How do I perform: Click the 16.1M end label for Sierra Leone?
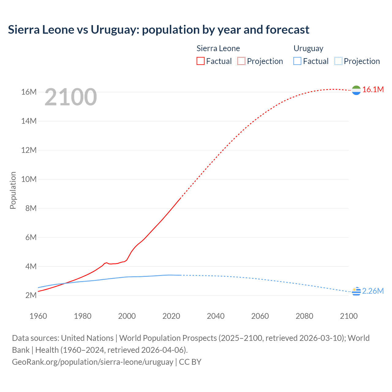click(373, 89)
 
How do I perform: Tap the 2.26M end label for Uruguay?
click(373, 291)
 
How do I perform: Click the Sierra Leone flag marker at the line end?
click(356, 90)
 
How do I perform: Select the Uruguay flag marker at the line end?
click(356, 292)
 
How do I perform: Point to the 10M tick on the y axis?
click(29, 179)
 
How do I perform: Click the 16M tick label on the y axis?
click(29, 92)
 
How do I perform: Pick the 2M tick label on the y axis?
click(31, 296)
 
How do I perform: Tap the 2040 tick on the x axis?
click(216, 316)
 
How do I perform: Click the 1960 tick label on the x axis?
click(38, 316)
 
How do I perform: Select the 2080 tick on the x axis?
click(304, 316)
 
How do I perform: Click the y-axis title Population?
click(13, 190)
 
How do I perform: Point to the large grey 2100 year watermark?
click(71, 97)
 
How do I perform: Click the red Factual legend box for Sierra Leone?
click(200, 61)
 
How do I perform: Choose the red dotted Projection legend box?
click(241, 61)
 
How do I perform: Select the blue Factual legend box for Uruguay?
click(297, 61)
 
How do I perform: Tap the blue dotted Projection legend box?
click(338, 61)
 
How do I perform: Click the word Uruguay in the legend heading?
click(308, 48)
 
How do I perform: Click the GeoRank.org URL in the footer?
click(92, 362)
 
